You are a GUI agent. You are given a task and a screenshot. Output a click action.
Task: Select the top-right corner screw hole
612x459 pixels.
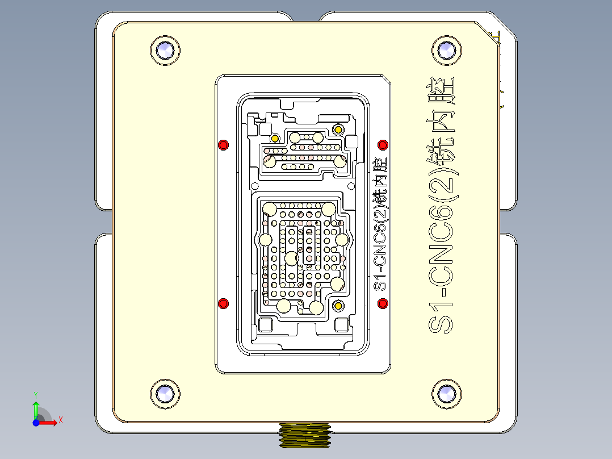pos(446,50)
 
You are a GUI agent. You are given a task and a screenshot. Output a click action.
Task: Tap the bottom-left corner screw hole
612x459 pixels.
pos(165,393)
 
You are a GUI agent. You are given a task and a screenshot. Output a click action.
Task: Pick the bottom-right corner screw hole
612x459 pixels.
pos(446,393)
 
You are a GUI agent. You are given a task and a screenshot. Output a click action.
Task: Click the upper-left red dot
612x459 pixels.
pos(224,144)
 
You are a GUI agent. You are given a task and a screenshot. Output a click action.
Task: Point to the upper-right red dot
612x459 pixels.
pos(383,144)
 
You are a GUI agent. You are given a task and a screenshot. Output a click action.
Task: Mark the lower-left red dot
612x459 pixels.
pos(224,303)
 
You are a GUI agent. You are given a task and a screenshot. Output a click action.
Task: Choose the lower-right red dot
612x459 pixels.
pos(383,303)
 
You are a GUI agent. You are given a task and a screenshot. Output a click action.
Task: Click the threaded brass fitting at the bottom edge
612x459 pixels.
pos(305,435)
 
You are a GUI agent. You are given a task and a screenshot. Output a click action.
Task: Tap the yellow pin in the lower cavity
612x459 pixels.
pos(338,306)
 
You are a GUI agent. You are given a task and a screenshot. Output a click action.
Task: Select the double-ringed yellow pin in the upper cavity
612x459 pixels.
pos(338,130)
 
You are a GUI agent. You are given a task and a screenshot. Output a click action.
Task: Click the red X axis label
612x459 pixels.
pos(61,420)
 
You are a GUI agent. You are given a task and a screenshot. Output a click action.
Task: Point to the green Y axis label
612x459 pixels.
pos(35,394)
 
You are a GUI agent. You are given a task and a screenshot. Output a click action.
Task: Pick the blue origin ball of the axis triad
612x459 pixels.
pos(36,423)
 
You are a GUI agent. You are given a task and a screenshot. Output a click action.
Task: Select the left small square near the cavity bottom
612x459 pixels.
pos(265,326)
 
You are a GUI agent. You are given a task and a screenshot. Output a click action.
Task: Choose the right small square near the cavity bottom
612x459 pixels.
pos(341,325)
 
